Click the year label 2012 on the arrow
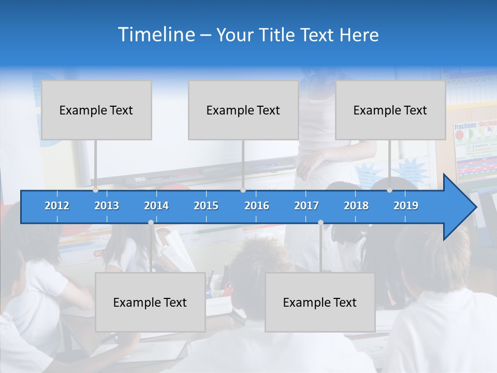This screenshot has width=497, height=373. tap(57, 206)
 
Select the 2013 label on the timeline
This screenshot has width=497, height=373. tap(107, 206)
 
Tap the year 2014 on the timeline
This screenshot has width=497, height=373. tap(156, 206)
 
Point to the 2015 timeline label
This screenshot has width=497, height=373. tap(206, 206)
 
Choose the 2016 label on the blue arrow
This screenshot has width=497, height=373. tap(257, 206)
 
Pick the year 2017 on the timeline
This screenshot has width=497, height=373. tap(306, 206)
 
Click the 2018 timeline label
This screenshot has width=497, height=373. tap(356, 206)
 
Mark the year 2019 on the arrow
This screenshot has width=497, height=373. tap(406, 206)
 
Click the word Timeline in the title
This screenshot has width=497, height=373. tap(155, 34)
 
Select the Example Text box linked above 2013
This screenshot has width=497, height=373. tap(96, 110)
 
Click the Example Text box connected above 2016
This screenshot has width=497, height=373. tap(243, 110)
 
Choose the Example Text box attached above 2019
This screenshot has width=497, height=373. tap(390, 110)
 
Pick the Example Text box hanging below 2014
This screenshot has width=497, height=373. tap(150, 302)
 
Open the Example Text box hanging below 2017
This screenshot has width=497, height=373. tap(320, 302)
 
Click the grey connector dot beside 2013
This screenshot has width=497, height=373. tap(95, 190)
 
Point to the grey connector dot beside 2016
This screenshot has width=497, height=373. tap(243, 190)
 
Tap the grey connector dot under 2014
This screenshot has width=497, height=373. tap(151, 223)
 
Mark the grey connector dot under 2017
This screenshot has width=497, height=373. tap(320, 223)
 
